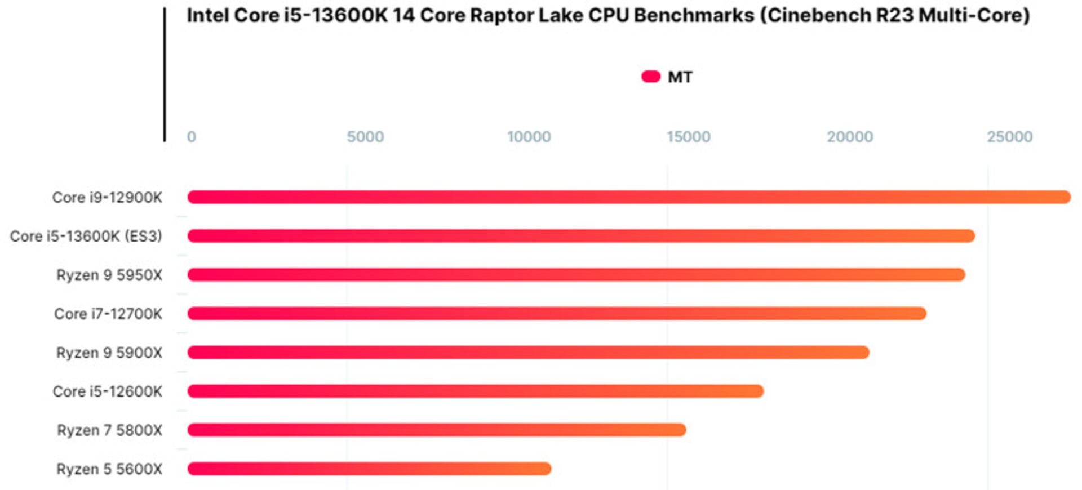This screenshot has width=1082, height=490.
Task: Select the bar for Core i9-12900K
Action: [628, 197]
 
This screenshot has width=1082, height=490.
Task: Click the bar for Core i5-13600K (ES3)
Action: [580, 236]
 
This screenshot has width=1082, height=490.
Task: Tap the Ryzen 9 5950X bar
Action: [576, 275]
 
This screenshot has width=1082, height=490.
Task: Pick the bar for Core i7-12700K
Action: [557, 314]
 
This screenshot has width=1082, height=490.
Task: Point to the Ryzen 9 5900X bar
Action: [528, 353]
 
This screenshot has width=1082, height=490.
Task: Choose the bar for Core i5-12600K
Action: [475, 391]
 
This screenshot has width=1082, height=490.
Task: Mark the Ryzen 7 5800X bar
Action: [436, 430]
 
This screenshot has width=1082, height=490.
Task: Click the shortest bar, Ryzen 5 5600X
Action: [369, 469]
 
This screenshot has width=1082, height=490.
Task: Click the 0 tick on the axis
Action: [192, 137]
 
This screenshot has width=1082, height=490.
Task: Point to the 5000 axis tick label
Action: [365, 137]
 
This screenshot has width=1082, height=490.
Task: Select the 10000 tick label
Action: [529, 137]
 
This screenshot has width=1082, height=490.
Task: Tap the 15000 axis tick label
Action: [688, 137]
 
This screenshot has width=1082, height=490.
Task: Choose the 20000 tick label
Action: [849, 137]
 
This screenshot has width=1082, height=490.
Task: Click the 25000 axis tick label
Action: [1009, 137]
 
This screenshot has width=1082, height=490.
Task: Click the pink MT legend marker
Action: [651, 77]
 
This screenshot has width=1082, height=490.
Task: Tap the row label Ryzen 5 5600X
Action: [109, 469]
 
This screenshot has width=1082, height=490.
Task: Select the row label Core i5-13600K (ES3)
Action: [86, 237]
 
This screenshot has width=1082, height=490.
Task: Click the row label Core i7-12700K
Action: [108, 314]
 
